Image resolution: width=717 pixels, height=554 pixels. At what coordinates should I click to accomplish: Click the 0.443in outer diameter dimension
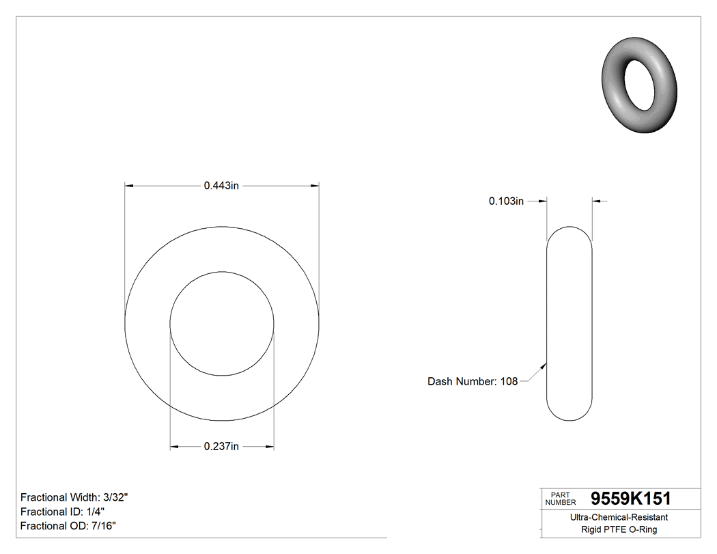pos(221,185)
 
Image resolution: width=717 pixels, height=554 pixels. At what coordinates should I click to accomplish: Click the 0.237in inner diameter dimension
pos(221,447)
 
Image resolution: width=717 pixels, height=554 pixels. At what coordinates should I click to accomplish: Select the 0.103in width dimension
pos(506,201)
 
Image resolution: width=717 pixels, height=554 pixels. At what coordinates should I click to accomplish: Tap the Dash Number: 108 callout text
pos(473,382)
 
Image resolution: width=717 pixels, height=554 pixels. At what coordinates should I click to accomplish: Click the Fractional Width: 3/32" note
pos(74,497)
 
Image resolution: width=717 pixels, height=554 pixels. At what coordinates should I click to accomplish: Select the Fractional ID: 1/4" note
pos(63,512)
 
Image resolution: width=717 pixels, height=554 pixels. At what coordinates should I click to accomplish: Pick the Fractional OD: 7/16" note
pos(68,526)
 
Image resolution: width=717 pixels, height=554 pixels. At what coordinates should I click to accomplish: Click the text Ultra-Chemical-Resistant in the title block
pos(619,518)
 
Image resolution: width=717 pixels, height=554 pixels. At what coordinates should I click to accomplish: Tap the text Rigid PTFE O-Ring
pos(619,530)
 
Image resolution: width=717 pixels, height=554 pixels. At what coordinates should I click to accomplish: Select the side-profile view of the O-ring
pos(570,323)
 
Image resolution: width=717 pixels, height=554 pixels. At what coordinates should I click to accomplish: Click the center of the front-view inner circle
pos(222,323)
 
